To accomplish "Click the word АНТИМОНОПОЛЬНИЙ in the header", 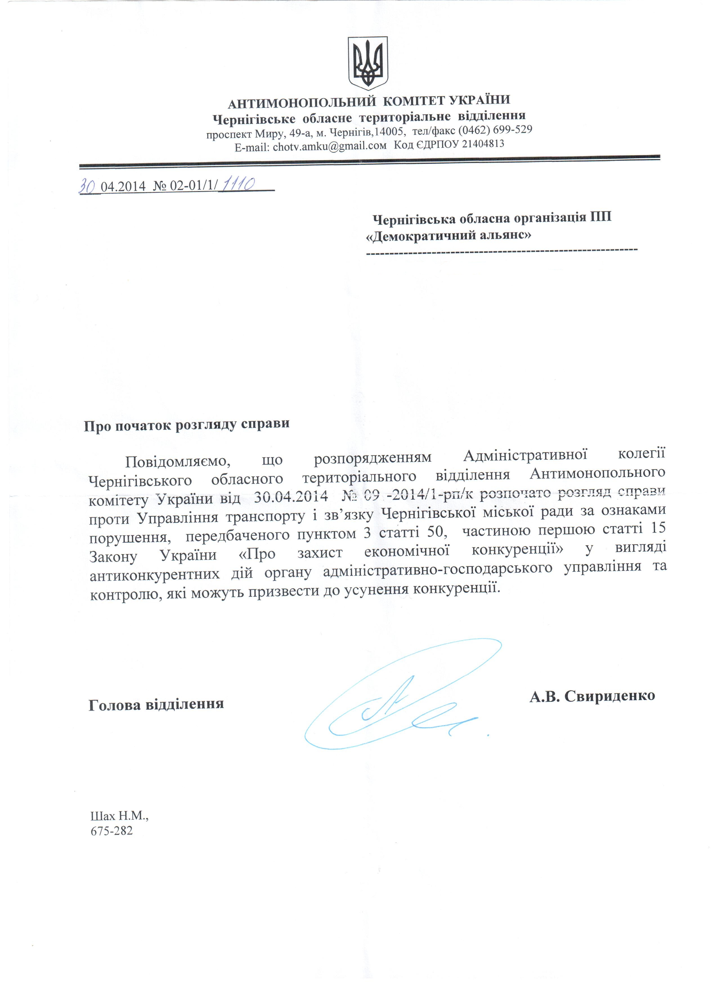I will tap(301, 103).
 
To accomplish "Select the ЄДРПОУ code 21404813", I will tap(483, 144).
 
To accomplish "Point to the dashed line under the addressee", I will tap(502, 250).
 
